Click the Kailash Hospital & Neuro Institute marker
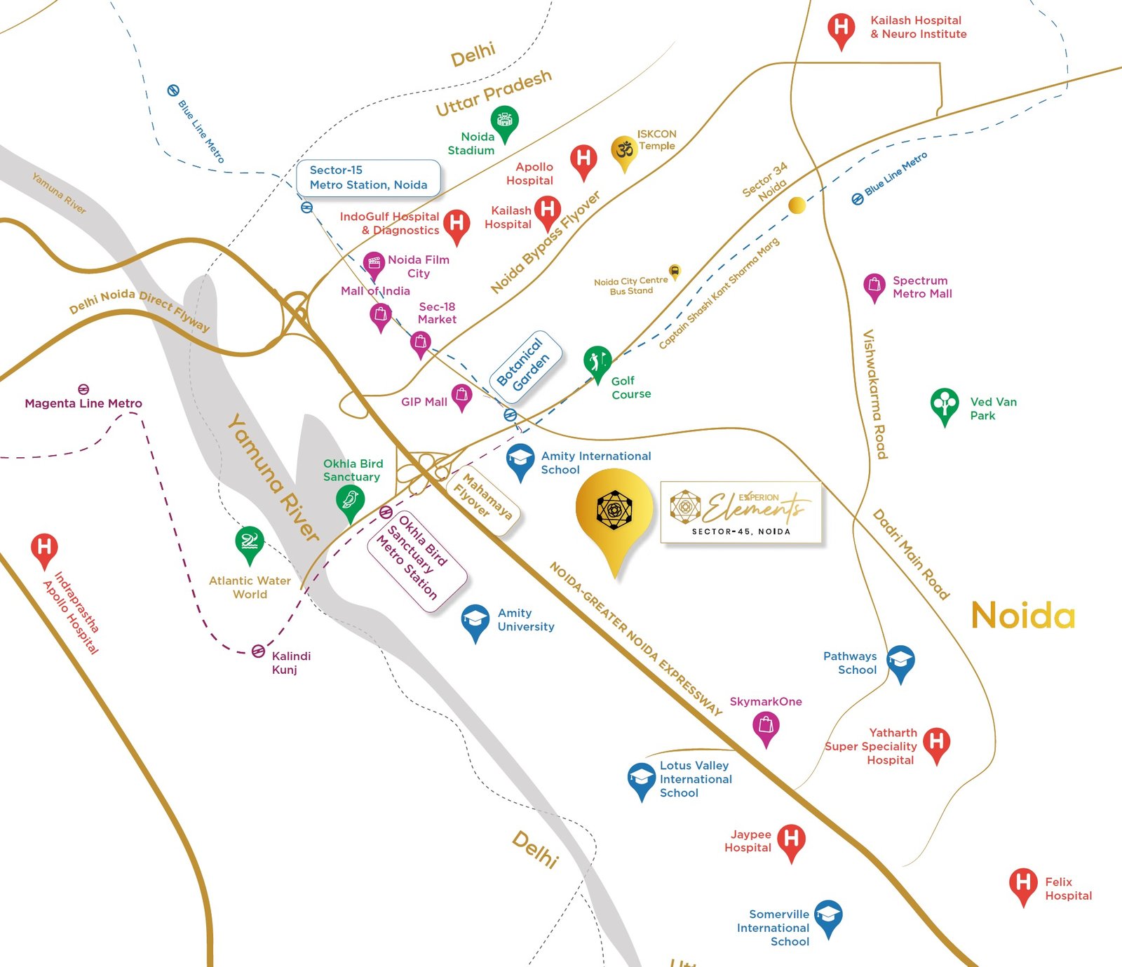point(841,29)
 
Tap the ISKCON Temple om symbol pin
point(623,150)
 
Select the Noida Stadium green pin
point(504,121)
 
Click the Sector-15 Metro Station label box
point(368,177)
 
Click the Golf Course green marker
point(597,361)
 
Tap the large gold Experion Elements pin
point(614,510)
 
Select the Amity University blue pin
point(475,620)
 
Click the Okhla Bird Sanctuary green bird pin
point(349,501)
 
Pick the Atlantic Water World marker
point(249,542)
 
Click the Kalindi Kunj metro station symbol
point(258,651)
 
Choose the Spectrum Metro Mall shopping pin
point(874,285)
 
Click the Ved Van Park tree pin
point(945,403)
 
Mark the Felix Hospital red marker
point(1023,883)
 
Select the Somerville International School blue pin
point(828,916)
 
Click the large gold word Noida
point(1022,616)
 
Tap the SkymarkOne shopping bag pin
point(766,725)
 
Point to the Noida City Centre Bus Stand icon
point(675,271)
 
